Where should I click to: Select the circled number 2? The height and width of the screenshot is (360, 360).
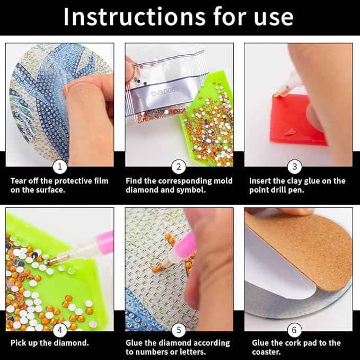click(179, 166)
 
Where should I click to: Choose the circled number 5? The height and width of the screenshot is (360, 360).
click(179, 328)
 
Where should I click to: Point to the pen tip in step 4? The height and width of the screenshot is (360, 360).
click(48, 262)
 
